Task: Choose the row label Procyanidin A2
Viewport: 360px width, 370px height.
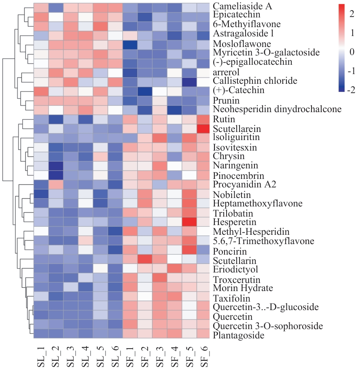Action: [x=239, y=185]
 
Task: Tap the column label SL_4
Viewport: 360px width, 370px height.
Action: [x=85, y=356]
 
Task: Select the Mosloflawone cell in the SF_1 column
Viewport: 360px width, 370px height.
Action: [x=130, y=44]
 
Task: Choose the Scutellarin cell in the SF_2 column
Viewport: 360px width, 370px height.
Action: [x=145, y=259]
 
